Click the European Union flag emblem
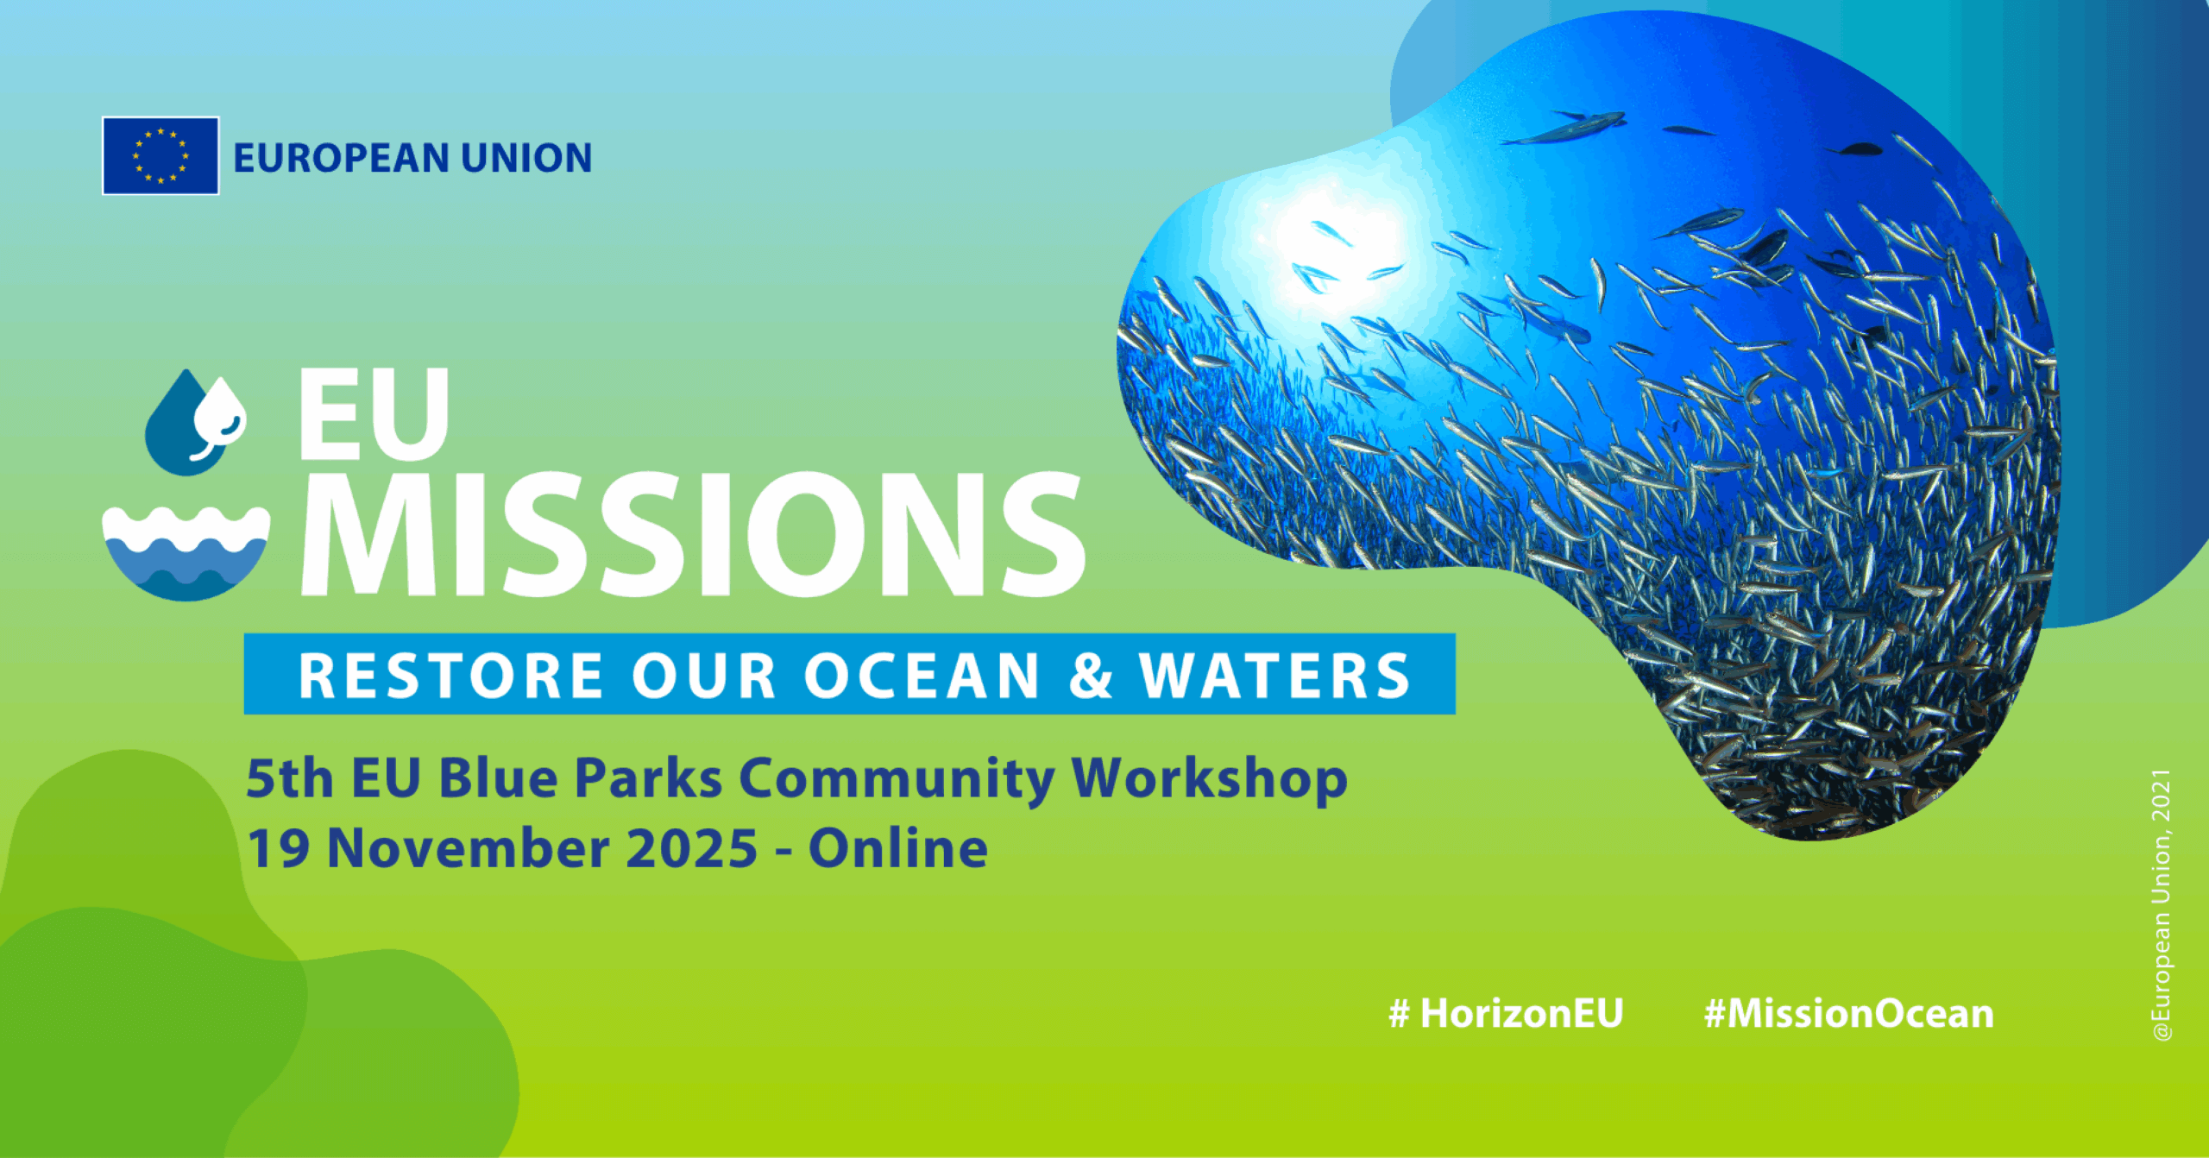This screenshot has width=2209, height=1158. pos(160,155)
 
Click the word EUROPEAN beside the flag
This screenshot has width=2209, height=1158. pos(342,158)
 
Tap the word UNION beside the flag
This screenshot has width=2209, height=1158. pos(526,158)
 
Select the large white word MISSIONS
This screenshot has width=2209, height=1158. pos(693,535)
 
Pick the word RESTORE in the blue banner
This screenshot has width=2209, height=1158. pos(450,675)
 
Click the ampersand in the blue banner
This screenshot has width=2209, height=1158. pos(1091,675)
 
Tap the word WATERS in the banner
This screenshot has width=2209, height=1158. pos(1275,675)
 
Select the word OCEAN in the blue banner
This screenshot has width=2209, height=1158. pos(922,675)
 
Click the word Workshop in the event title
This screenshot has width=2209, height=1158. pos(1209,779)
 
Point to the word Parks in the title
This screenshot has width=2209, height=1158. pos(648,778)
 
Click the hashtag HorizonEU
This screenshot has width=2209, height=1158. pos(1506,1013)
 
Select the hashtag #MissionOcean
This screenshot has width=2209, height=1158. pos(1849,1013)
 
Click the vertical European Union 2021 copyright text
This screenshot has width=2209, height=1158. pos(2161,905)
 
